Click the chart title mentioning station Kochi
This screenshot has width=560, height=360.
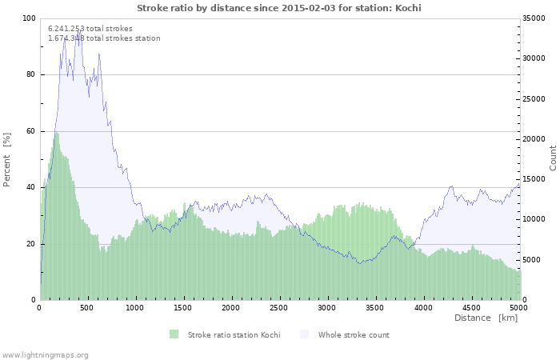pyautogui.click(x=278, y=8)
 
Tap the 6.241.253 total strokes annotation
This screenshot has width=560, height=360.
pyautogui.click(x=90, y=28)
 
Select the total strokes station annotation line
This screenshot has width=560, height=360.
pyautogui.click(x=104, y=38)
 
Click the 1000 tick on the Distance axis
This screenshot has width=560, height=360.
pyautogui.click(x=135, y=307)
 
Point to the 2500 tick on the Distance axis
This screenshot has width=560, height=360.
pyautogui.click(x=278, y=307)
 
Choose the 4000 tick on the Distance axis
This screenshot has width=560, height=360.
pyautogui.click(x=422, y=307)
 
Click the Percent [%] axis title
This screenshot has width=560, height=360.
pyautogui.click(x=7, y=159)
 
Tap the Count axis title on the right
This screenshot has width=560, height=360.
pyautogui.click(x=553, y=158)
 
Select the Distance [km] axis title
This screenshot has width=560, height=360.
pyautogui.click(x=486, y=318)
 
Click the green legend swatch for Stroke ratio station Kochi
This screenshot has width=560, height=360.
pyautogui.click(x=174, y=334)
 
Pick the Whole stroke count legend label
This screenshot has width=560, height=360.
pyautogui.click(x=354, y=334)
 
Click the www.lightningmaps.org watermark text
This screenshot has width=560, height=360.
pyautogui.click(x=45, y=354)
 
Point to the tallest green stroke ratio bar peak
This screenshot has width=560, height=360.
pyautogui.click(x=56, y=132)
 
